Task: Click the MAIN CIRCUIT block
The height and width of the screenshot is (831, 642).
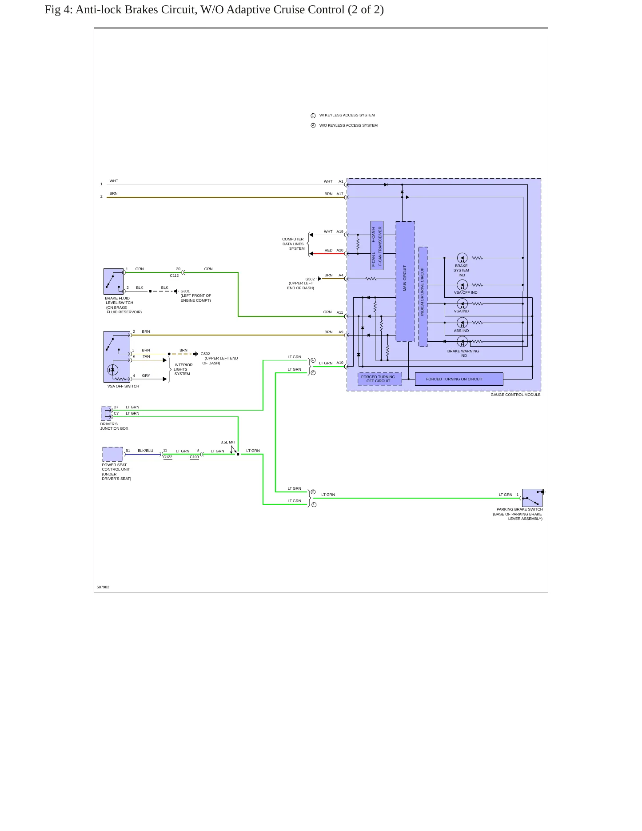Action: pos(405,281)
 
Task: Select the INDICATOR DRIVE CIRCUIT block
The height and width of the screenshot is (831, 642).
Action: pos(423,296)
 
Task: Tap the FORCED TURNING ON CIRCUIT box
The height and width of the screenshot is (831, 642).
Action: pos(459,379)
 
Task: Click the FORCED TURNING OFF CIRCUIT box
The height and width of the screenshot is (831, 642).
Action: pos(379,379)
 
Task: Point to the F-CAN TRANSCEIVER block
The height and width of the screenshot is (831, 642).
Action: pos(377,245)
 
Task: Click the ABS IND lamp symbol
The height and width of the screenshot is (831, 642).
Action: pos(462,323)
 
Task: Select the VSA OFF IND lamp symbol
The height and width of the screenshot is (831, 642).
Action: pos(462,285)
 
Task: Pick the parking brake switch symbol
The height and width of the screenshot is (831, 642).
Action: pos(532,498)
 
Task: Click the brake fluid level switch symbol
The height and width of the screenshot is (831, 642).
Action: pos(113,281)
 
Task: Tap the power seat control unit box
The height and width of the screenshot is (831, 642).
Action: pos(113,454)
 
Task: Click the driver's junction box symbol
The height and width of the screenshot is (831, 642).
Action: pos(106,413)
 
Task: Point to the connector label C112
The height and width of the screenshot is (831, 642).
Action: pos(174,276)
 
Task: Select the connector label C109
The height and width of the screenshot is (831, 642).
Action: pos(194,457)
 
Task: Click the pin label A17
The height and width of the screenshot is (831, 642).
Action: pos(340,194)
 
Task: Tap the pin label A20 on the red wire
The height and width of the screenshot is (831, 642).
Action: pos(340,250)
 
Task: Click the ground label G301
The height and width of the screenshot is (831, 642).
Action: pos(185,291)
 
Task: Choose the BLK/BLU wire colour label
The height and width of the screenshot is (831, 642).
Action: pos(145,451)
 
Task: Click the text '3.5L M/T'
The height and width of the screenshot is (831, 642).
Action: pos(228,442)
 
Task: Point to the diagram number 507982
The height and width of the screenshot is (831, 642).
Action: pos(103,587)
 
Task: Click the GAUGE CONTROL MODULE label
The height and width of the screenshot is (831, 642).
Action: pos(515,395)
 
